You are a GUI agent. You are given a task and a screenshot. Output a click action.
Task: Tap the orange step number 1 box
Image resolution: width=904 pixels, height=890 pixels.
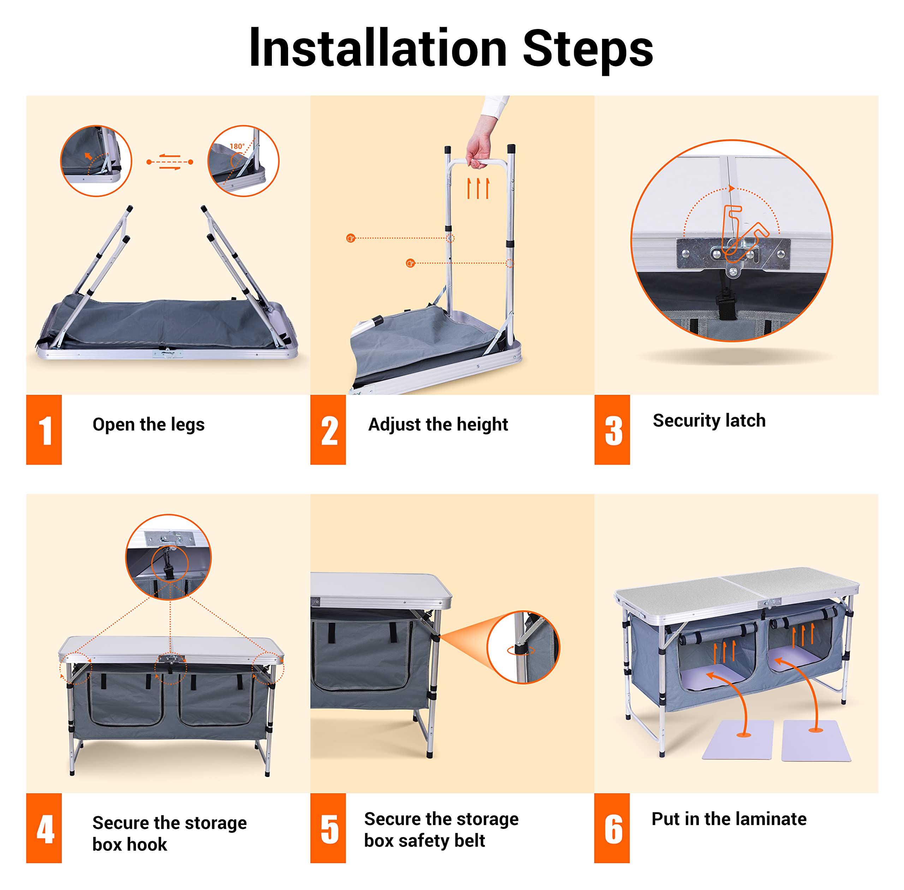coord(44,429)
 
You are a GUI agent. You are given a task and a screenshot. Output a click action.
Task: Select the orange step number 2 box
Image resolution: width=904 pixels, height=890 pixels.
coord(328,429)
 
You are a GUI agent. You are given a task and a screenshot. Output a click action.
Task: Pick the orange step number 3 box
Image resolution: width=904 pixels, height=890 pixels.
coord(612,429)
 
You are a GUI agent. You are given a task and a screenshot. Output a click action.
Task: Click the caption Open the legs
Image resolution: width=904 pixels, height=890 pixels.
coord(149,425)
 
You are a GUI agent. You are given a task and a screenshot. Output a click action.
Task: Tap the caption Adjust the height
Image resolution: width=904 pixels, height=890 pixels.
coord(438,425)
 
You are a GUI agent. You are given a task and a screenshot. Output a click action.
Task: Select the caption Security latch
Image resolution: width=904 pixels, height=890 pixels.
coord(709,421)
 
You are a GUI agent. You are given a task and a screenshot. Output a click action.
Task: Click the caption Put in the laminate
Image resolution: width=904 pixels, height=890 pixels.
coord(729,819)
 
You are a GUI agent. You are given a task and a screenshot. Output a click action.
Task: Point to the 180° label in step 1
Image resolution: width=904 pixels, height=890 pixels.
coord(237,146)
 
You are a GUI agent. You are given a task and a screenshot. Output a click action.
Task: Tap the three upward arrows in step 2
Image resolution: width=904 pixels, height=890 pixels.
coord(478,188)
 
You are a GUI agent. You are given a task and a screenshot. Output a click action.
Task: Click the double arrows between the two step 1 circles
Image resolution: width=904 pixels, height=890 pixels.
coord(169,162)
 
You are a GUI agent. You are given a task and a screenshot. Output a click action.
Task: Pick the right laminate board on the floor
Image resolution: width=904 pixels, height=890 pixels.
coord(816,741)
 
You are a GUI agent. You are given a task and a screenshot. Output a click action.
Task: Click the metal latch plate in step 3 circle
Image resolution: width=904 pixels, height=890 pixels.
coord(733,253)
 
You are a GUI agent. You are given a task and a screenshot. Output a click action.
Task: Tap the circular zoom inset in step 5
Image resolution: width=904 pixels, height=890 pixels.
coord(523,647)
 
